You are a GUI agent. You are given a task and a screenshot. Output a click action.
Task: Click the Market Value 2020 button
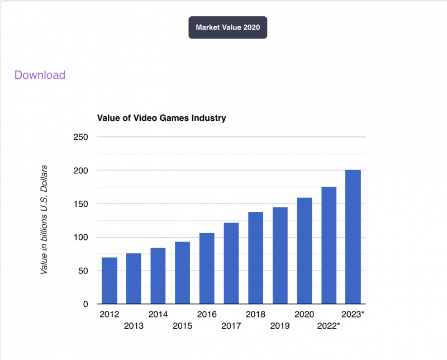click(x=227, y=27)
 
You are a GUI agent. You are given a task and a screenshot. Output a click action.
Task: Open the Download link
click(x=40, y=75)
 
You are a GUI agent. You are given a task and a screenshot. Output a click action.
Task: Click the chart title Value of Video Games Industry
click(x=161, y=118)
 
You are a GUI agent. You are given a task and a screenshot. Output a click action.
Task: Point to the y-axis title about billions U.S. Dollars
click(x=44, y=220)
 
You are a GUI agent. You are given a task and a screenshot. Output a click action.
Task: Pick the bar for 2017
click(x=231, y=263)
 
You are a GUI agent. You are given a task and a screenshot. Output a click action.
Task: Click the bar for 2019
click(x=280, y=255)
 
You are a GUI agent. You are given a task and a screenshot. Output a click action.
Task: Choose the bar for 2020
click(x=304, y=251)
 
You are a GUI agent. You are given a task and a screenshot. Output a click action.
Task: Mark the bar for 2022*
click(x=329, y=245)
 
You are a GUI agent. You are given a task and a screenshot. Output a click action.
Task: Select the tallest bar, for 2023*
click(x=353, y=237)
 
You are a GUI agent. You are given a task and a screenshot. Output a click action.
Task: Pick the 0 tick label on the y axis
click(x=85, y=305)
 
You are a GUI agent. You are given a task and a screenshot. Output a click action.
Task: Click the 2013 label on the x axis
click(x=134, y=326)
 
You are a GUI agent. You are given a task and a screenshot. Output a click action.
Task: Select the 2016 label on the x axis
click(x=207, y=315)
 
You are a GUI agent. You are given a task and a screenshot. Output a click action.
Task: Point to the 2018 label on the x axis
click(x=255, y=315)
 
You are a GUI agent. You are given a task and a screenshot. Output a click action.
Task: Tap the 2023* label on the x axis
click(x=353, y=315)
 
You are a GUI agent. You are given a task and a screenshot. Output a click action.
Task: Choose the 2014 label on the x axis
click(x=158, y=315)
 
